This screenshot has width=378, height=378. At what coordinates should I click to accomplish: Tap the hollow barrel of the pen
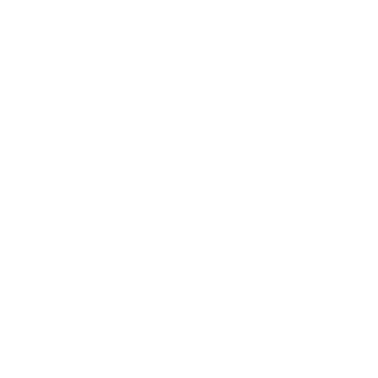click(289, 246)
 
